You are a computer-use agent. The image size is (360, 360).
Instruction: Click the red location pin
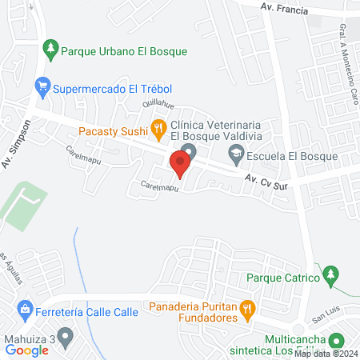pos(180,165)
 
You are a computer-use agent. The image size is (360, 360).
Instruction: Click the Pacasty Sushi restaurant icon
pos(158,127)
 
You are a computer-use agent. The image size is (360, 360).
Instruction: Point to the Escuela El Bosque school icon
pos(236,157)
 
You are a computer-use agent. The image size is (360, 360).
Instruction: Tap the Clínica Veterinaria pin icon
pos(189,152)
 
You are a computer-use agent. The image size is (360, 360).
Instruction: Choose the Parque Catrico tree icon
pos(329,277)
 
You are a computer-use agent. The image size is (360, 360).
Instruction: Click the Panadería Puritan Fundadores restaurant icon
pos(247,307)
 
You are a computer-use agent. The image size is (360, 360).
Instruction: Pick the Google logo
pos(27,349)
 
